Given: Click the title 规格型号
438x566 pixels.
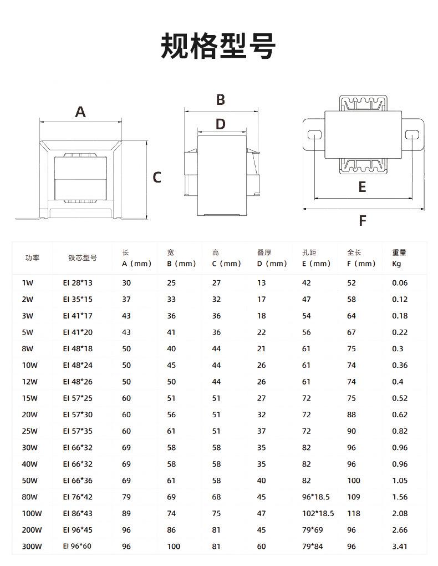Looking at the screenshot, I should click(218, 46).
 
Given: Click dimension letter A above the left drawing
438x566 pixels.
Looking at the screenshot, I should click(80, 112).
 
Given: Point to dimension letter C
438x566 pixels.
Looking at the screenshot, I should click(157, 178).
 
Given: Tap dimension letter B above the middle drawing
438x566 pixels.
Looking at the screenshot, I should click(220, 100).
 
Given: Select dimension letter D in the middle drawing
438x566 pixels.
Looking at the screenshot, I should click(220, 124).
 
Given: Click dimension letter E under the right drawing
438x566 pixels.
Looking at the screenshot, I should click(362, 187).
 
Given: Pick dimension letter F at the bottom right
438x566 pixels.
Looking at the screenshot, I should click(362, 221).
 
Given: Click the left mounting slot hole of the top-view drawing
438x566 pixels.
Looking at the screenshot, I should click(314, 135).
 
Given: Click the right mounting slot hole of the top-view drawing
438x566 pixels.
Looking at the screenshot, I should click(411, 135).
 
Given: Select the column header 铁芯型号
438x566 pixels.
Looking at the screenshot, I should click(83, 258).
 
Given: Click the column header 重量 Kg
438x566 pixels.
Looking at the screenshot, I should click(399, 258).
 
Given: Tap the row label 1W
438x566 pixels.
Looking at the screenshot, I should click(28, 283).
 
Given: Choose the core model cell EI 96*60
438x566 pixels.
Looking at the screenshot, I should click(77, 547).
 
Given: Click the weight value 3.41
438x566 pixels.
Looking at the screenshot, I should click(399, 547).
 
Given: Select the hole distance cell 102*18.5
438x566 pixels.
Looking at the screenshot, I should click(318, 514).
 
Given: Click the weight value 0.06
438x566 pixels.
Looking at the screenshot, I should click(399, 283).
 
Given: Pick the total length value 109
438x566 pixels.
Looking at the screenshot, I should click(353, 497).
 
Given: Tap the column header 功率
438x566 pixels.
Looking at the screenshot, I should click(32, 258).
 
